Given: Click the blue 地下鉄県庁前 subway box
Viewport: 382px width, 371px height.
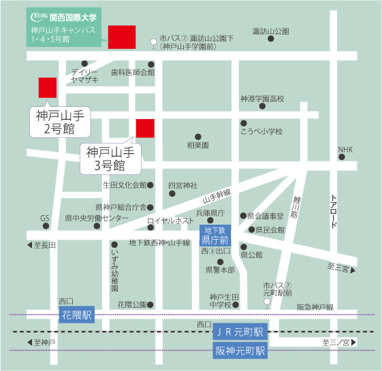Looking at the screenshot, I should (x=217, y=236).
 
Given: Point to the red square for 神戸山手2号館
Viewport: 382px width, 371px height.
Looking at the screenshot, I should (x=48, y=88).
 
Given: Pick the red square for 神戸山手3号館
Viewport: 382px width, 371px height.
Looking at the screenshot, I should (x=146, y=128).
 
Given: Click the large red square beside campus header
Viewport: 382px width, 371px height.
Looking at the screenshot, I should (x=122, y=37).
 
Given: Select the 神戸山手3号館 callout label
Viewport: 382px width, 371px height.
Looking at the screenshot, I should (x=109, y=159).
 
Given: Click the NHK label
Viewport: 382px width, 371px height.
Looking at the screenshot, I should (x=346, y=150).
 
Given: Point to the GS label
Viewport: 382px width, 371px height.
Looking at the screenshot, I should (x=45, y=219).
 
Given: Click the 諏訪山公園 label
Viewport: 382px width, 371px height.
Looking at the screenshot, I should (x=270, y=31).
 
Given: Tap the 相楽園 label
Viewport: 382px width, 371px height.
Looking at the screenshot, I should (x=197, y=145).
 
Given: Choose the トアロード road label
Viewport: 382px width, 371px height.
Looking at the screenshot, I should (x=334, y=207).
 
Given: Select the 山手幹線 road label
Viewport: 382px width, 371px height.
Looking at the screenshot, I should (x=217, y=196).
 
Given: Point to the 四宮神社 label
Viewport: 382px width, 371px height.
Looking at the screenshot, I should (x=182, y=185).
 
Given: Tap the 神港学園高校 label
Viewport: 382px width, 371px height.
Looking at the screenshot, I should (x=261, y=99).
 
